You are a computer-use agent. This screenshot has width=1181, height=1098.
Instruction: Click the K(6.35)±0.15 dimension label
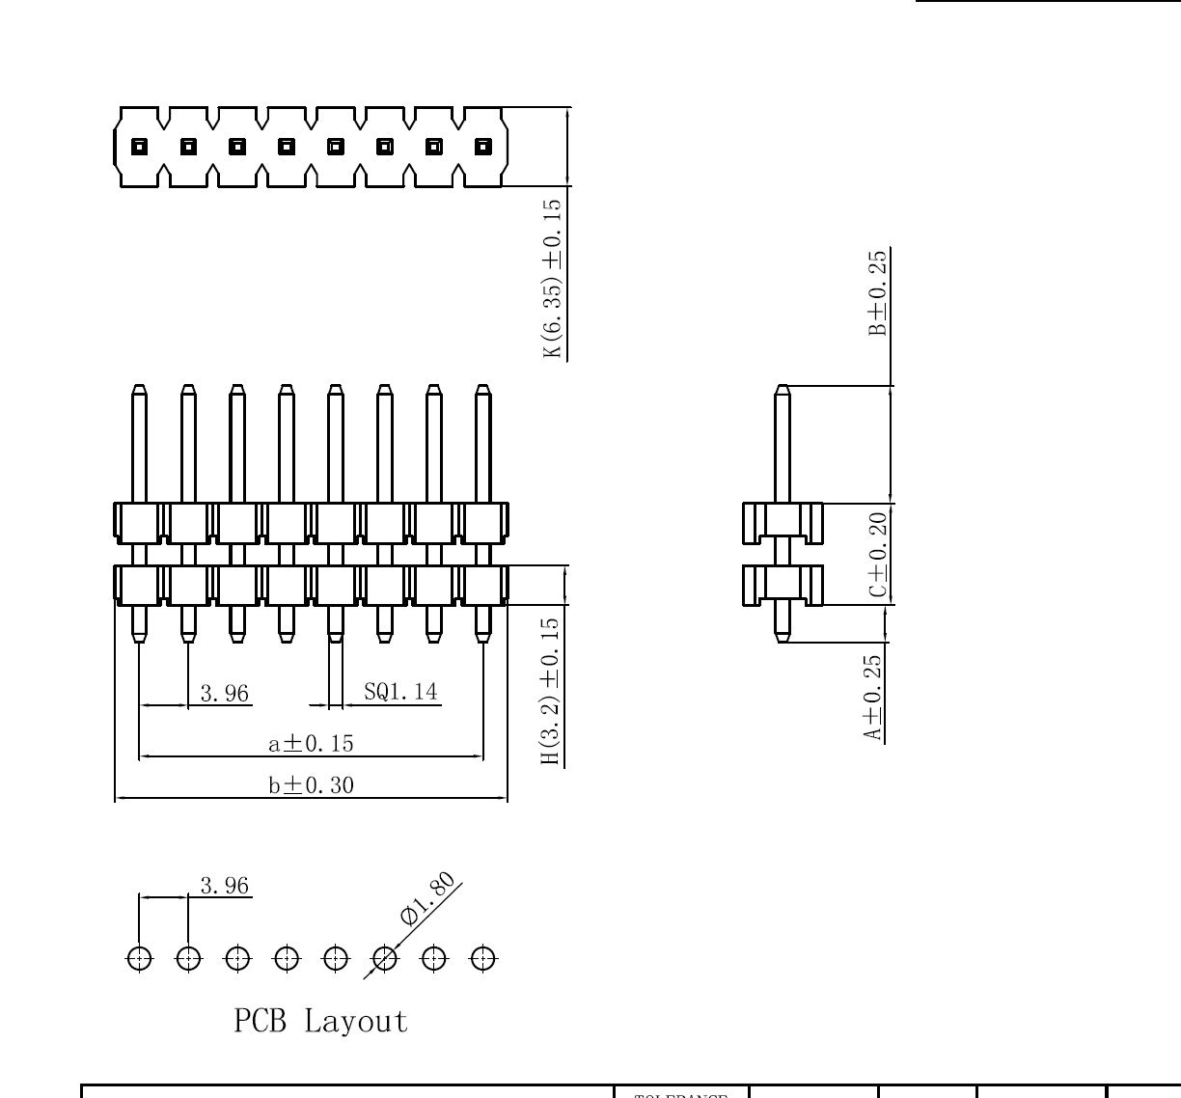(x=552, y=279)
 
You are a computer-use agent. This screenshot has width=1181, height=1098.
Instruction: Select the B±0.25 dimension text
(x=877, y=292)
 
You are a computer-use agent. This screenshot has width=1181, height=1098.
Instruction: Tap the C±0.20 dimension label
(x=877, y=555)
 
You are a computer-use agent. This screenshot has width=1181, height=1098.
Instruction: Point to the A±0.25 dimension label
(x=872, y=698)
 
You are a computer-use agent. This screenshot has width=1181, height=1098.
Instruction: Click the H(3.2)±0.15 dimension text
(x=550, y=692)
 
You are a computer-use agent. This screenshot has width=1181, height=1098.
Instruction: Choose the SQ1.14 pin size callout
(x=399, y=692)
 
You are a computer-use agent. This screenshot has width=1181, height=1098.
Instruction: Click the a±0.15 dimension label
(x=311, y=743)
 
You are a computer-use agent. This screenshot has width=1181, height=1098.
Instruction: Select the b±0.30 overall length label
(x=311, y=785)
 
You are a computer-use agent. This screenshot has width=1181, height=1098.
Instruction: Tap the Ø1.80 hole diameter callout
(x=426, y=899)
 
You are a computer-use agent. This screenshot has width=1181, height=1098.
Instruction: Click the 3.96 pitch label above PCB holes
(x=224, y=886)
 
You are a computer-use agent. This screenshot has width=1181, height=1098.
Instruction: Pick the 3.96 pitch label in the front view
(x=224, y=693)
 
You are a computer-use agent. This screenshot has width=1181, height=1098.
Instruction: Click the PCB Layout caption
(x=320, y=1021)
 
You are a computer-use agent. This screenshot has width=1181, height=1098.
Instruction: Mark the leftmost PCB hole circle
(x=139, y=959)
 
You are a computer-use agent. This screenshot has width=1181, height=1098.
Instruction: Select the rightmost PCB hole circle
(x=483, y=959)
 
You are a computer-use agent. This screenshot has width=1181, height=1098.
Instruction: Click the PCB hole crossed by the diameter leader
(x=385, y=959)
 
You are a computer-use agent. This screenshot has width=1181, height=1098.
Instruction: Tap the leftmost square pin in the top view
(x=139, y=147)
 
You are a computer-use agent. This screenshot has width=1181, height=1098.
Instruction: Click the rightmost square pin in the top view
(x=483, y=147)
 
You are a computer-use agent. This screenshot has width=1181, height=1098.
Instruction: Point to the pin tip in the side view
(x=783, y=391)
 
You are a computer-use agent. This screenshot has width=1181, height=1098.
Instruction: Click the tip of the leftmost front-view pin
(x=139, y=391)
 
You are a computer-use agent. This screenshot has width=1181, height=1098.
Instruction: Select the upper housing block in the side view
(x=783, y=522)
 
